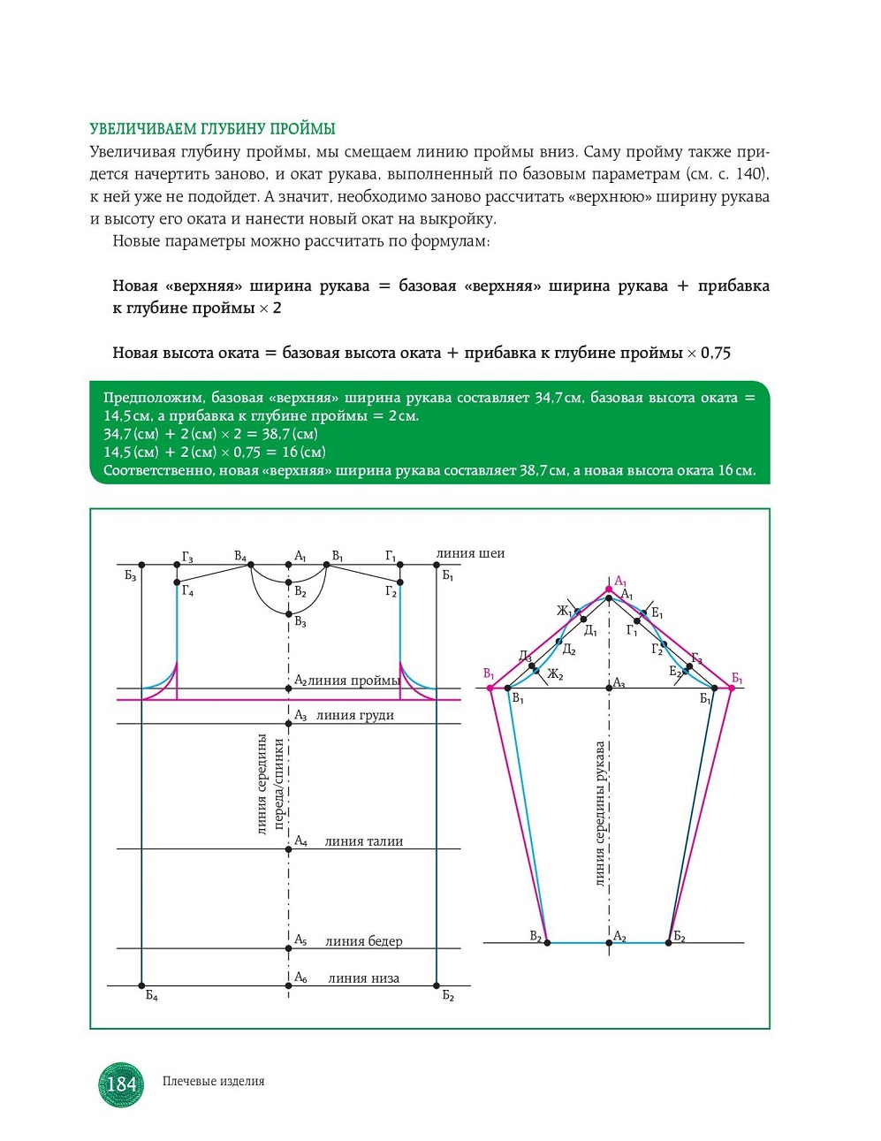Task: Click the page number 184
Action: pos(121,1084)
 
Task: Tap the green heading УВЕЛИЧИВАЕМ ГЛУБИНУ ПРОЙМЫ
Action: pos(212,129)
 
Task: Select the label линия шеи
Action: pos(470,553)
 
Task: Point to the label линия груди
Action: pos(354,715)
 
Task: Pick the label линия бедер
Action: pos(364,941)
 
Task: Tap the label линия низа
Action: pos(364,978)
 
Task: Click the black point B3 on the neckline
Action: pos(288,614)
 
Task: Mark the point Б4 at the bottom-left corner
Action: pos(141,985)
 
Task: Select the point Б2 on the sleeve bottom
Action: pos(668,943)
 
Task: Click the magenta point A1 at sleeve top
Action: pos(609,590)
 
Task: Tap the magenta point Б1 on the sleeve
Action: pos(732,688)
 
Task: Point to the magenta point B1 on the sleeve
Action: pos(490,688)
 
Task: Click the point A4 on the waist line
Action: pos(288,849)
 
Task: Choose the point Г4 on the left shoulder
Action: pos(177,582)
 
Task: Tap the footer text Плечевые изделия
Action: pos(214,1081)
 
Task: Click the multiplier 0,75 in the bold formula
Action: pos(715,353)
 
